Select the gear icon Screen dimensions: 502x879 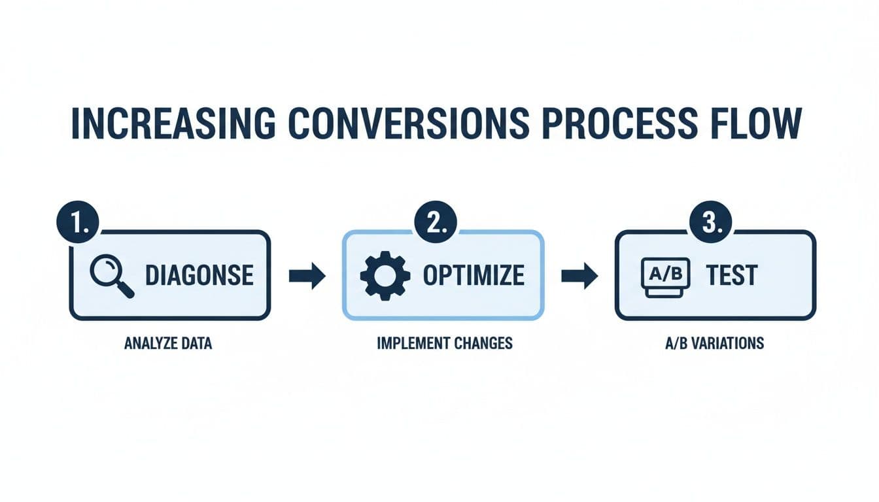(385, 276)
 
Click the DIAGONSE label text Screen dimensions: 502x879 (199, 276)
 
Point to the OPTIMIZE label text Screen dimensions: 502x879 (474, 276)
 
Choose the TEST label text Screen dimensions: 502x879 (731, 276)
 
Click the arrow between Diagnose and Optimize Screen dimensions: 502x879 (307, 276)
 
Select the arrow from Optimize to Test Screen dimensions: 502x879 (579, 276)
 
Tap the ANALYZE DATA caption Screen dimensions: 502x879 (168, 343)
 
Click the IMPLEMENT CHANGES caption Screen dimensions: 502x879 (445, 343)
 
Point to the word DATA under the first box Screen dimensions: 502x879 (196, 343)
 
